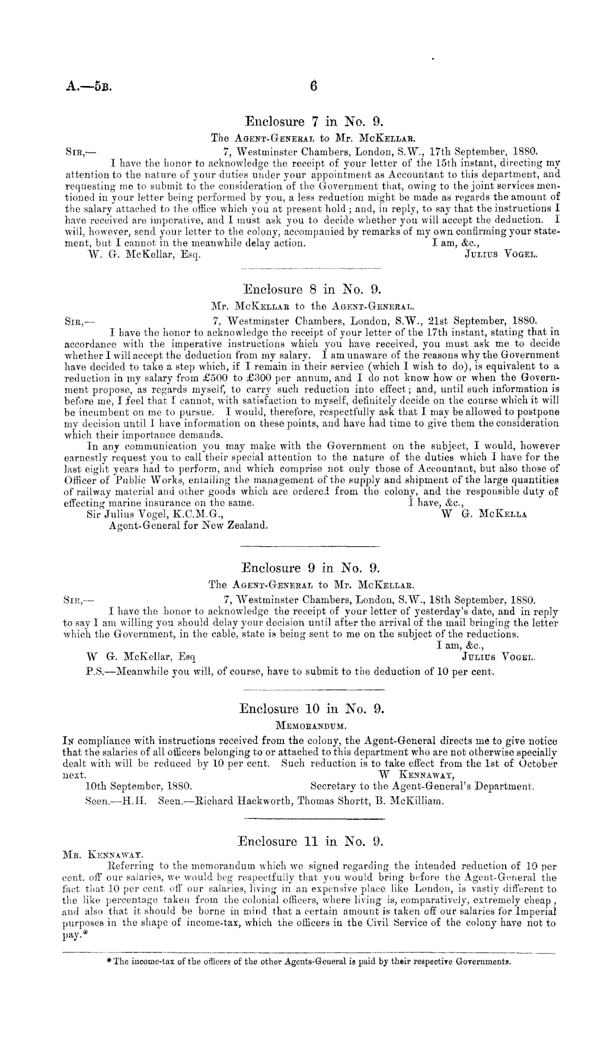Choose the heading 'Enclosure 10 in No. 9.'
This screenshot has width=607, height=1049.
tap(313, 709)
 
